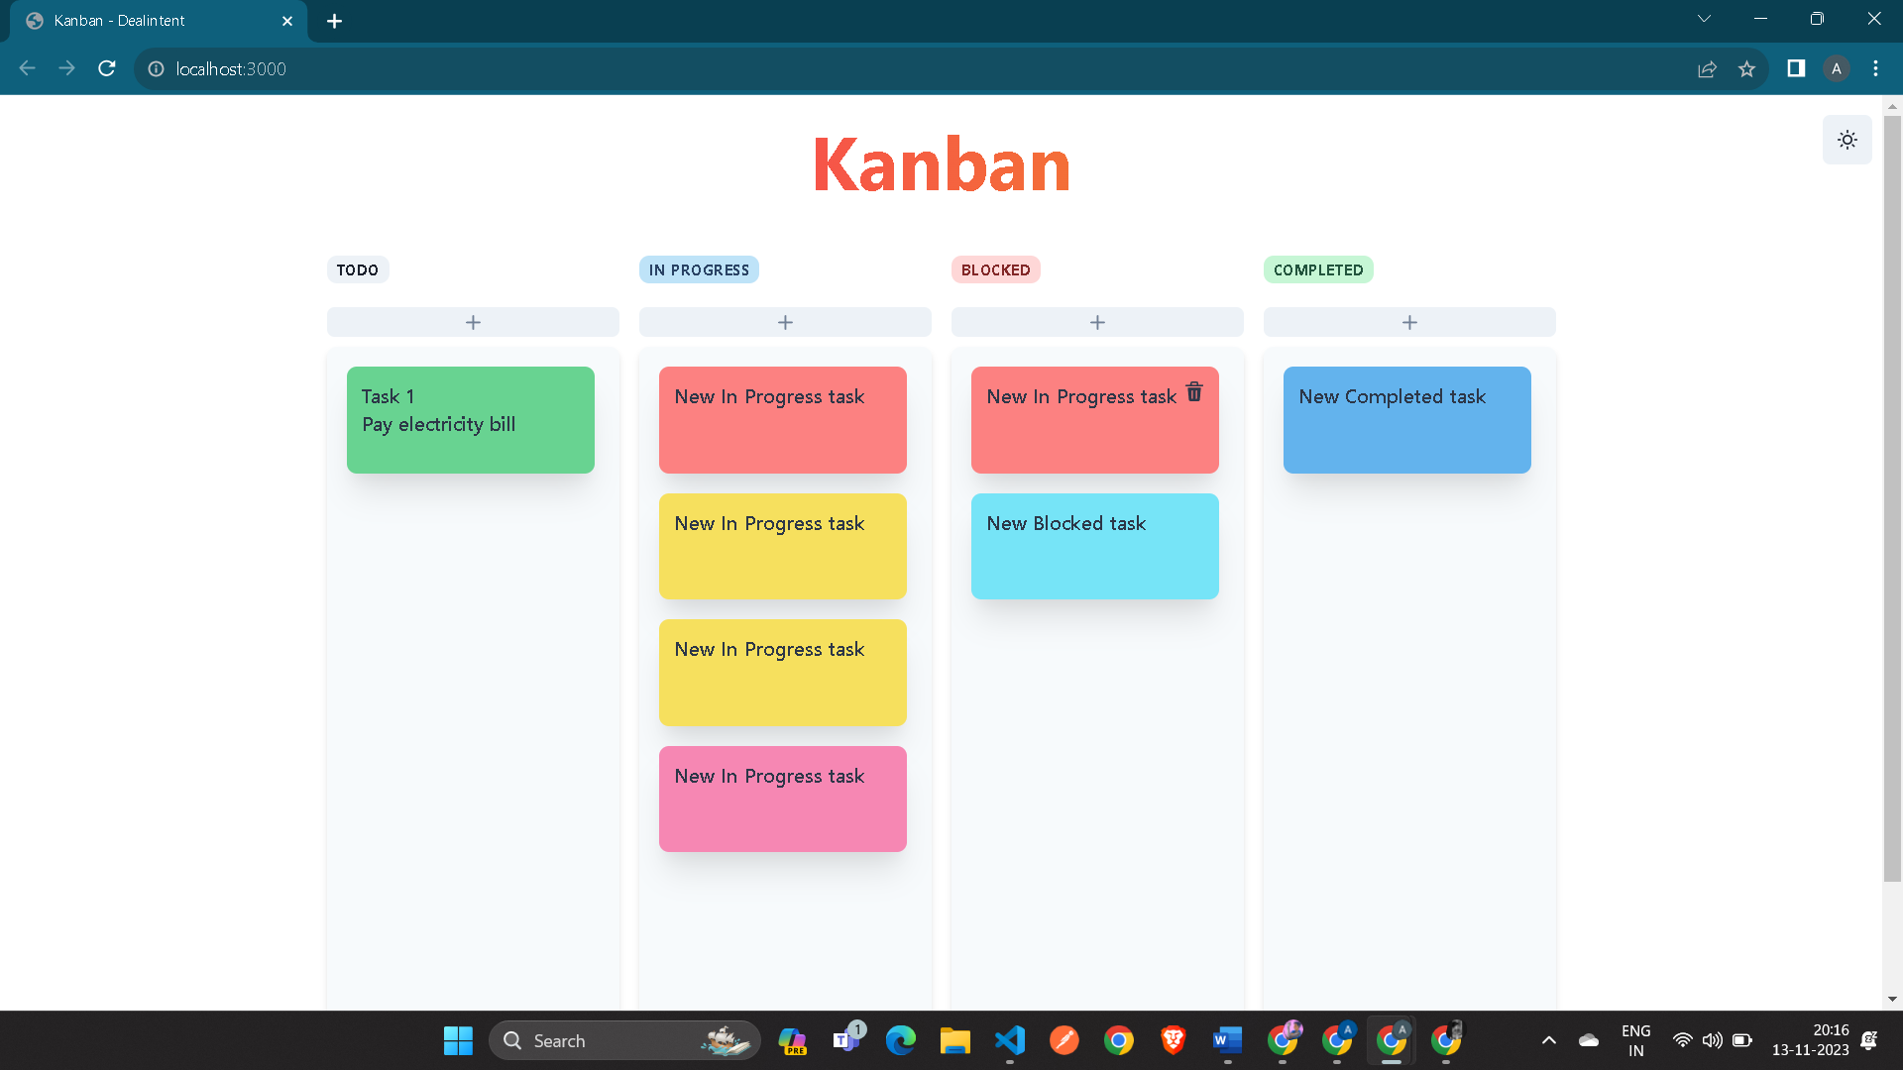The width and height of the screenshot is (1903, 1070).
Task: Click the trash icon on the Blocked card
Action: pos(1194,392)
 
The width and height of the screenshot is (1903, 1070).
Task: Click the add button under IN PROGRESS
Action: pos(785,322)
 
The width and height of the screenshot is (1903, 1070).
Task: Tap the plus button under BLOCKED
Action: pos(1097,322)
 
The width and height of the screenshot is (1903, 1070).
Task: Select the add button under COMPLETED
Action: pos(1409,322)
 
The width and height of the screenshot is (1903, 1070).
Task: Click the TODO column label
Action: pos(358,269)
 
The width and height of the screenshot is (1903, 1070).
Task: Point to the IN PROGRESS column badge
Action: pos(699,269)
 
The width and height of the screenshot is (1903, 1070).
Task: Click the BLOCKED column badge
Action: pos(995,269)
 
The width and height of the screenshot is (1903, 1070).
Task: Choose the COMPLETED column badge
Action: pos(1318,269)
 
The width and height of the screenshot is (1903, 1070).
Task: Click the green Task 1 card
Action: pos(471,420)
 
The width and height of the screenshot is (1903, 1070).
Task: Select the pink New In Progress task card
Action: pos(783,799)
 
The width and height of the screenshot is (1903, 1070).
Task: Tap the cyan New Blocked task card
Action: pos(1095,546)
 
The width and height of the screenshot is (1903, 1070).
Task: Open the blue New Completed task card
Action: pos(1407,420)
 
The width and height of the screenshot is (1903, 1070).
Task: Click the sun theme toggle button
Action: pos(1847,140)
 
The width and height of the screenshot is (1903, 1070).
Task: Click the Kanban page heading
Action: pos(942,164)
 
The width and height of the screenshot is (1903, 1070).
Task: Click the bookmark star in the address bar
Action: pos(1746,68)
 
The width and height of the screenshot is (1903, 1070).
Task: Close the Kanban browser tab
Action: pos(287,21)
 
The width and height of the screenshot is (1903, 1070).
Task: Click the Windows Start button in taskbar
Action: pos(458,1040)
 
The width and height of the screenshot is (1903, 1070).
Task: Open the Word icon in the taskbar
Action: pos(1227,1040)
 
